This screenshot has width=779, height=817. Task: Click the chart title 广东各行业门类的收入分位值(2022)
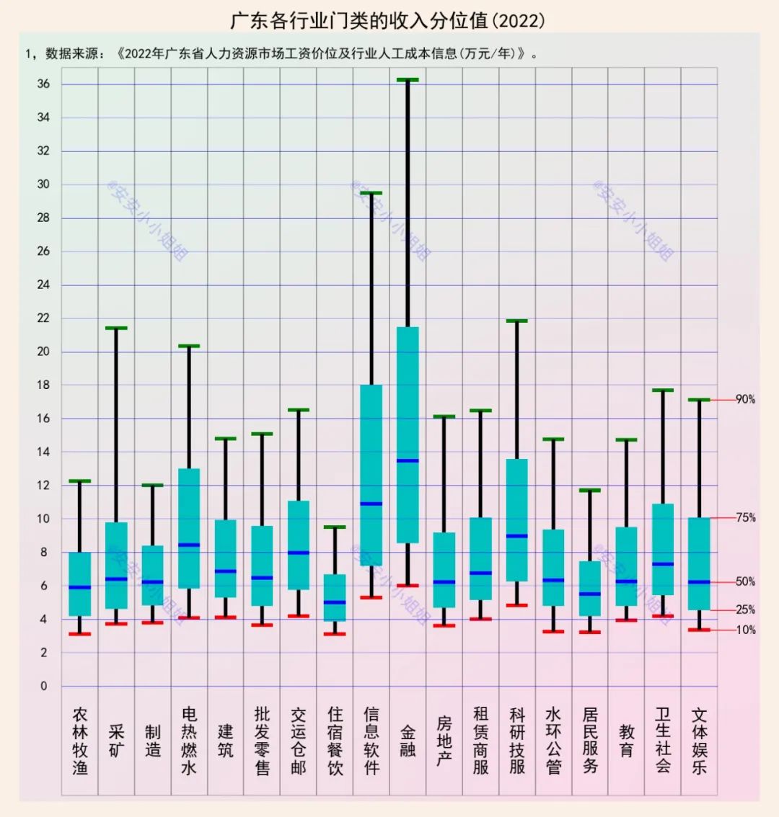point(388,19)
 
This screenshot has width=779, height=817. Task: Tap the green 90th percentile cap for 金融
point(408,80)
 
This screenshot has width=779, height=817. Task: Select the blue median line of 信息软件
point(371,504)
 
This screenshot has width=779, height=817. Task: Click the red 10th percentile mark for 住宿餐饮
point(335,634)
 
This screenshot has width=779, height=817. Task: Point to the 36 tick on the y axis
point(44,84)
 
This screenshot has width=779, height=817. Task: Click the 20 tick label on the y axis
point(44,352)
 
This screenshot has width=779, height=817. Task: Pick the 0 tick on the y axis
point(44,687)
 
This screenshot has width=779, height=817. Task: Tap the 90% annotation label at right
point(745,400)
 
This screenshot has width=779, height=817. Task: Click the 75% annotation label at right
point(745,518)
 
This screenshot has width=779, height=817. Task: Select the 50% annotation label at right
point(745,582)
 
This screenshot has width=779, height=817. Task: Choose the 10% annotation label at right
point(745,630)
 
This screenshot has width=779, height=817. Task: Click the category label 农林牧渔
point(80,741)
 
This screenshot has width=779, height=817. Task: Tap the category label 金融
point(408,741)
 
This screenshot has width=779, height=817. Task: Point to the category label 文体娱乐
point(699,741)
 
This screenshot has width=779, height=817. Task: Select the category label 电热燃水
point(189,741)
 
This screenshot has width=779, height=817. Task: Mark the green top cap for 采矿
point(116,329)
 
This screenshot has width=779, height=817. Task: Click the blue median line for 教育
point(626,581)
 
